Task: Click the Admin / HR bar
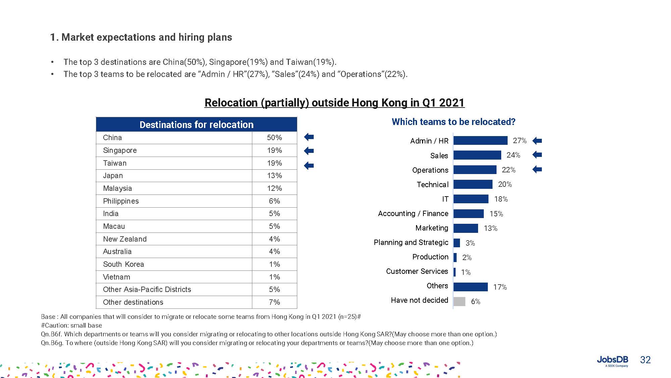[480, 140]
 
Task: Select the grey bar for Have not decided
[459, 301]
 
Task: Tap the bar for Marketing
[466, 228]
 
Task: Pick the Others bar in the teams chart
[470, 287]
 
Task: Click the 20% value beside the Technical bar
[505, 184]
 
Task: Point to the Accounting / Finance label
[413, 213]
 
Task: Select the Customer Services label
[417, 271]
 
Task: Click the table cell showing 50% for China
[274, 137]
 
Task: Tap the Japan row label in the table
[113, 175]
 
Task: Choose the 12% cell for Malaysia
[274, 188]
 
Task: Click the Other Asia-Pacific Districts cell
[147, 289]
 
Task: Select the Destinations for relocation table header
[196, 124]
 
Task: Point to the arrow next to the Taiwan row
[309, 165]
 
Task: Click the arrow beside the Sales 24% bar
[537, 155]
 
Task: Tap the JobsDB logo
[612, 361]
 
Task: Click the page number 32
[645, 360]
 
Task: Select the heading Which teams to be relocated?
[453, 122]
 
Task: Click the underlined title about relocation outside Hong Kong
[334, 102]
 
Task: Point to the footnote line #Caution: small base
[71, 325]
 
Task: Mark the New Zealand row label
[125, 239]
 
